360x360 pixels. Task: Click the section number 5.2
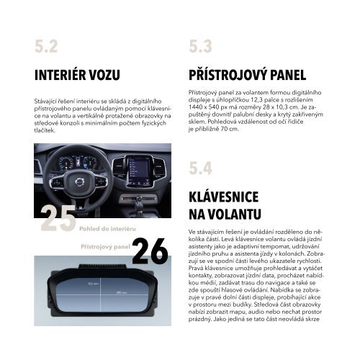45,48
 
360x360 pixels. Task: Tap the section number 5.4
200,168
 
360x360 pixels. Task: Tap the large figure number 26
150,251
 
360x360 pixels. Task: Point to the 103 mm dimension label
71,284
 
